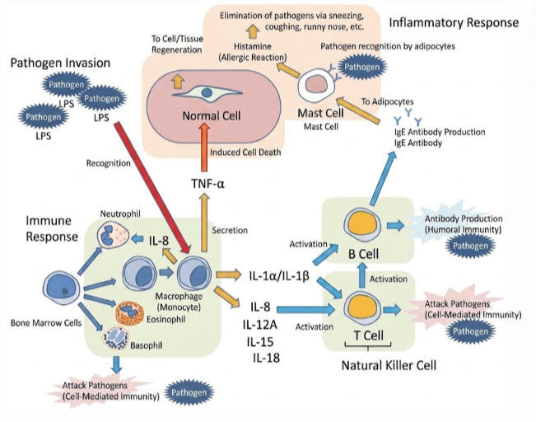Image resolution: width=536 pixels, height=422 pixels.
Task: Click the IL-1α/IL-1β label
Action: [x=279, y=275]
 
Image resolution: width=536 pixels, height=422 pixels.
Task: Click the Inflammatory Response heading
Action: [x=453, y=23]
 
